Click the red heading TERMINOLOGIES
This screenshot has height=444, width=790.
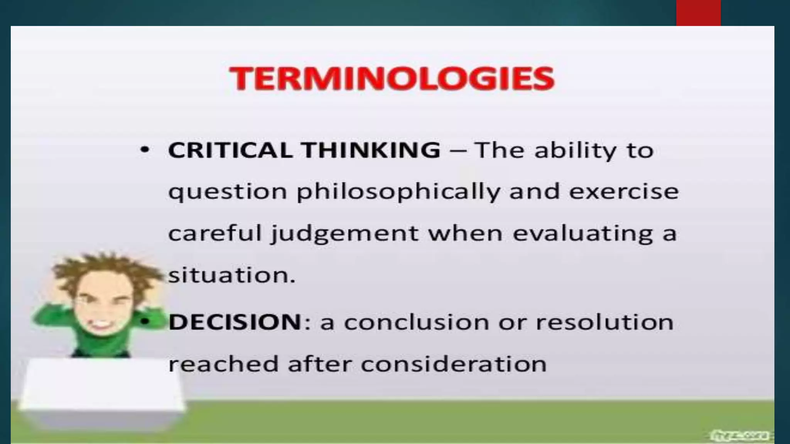pyautogui.click(x=392, y=79)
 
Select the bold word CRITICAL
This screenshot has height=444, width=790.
pyautogui.click(x=230, y=150)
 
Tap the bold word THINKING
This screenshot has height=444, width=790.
pyautogui.click(x=371, y=150)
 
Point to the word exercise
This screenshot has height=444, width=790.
pyautogui.click(x=624, y=192)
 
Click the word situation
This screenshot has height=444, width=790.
pyautogui.click(x=231, y=275)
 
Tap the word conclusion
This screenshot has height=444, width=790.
pyautogui.click(x=417, y=322)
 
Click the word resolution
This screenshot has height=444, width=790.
pyautogui.click(x=604, y=322)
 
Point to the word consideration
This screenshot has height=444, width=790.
pyautogui.click(x=454, y=364)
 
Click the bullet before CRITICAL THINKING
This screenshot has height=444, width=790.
pyautogui.click(x=145, y=150)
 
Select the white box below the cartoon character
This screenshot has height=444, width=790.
pyautogui.click(x=102, y=389)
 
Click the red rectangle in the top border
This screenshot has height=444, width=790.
pyautogui.click(x=698, y=13)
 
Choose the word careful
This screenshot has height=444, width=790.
pyautogui.click(x=215, y=234)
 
